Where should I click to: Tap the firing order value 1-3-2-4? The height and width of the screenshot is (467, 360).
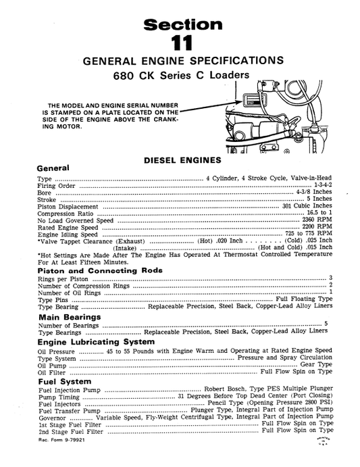[x=322, y=185]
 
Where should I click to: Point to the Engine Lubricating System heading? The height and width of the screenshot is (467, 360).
[x=96, y=341]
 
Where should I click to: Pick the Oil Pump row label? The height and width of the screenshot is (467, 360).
[x=51, y=364]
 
